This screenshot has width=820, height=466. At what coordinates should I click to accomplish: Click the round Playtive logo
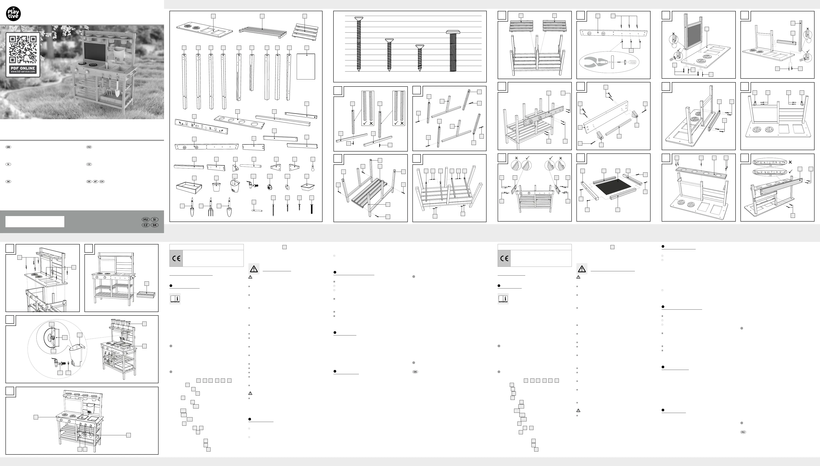13,14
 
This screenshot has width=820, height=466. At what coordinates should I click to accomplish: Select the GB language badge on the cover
8,147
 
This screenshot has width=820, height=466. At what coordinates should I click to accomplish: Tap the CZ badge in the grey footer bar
146,225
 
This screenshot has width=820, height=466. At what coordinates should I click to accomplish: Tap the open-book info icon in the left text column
175,299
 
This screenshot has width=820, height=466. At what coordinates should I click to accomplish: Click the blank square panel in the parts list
306,67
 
